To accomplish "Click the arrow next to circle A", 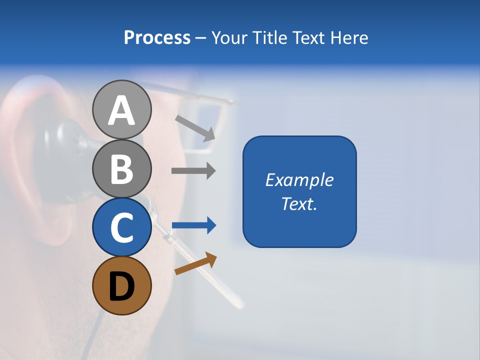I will pos(195,128).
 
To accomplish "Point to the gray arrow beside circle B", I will pos(193,171).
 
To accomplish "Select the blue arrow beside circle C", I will pos(194,225).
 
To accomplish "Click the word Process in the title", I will pos(157,37).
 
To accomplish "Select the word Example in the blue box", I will pos(299,180).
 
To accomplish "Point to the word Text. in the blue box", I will pos(299,203).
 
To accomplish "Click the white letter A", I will pos(121,110).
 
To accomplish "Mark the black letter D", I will pos(121,286).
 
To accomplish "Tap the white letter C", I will pos(121,228).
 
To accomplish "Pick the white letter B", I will pos(121,169).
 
